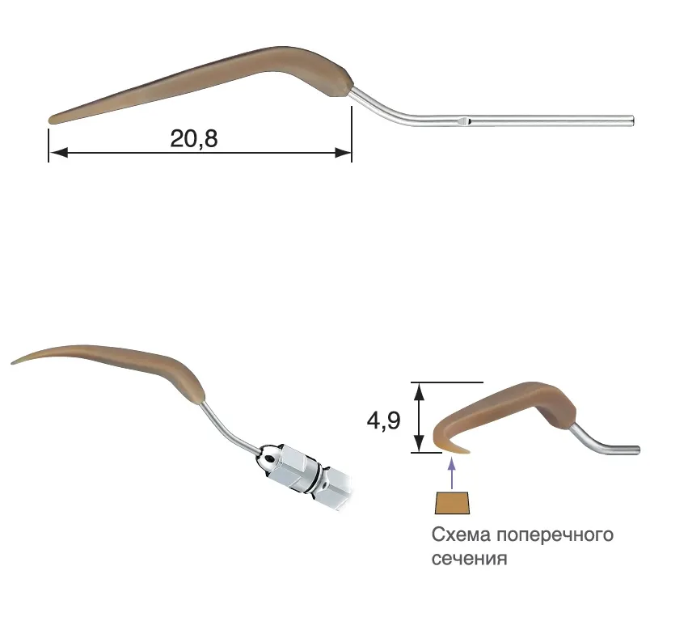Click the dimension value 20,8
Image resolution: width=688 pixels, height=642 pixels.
pyautogui.click(x=193, y=138)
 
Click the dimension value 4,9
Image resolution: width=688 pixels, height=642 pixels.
pyautogui.click(x=383, y=420)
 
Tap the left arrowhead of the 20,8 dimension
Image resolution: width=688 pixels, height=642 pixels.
pyautogui.click(x=58, y=152)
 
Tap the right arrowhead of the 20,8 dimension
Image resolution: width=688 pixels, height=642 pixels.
pyautogui.click(x=343, y=152)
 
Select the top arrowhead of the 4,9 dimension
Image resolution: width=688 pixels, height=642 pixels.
pyautogui.click(x=420, y=391)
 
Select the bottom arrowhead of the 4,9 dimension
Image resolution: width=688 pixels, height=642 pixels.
pyautogui.click(x=420, y=443)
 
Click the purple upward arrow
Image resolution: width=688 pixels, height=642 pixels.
pyautogui.click(x=452, y=473)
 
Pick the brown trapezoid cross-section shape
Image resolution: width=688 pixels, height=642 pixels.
pyautogui.click(x=453, y=503)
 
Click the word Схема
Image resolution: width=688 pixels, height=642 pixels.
pyautogui.click(x=461, y=535)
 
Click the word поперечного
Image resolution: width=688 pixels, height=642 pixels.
pyautogui.click(x=555, y=536)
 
